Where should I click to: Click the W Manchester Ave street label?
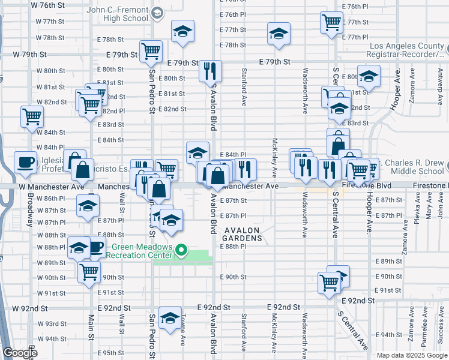pos(51,187)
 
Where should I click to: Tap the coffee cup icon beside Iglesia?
pos(25,163)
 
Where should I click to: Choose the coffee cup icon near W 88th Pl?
pos(97,247)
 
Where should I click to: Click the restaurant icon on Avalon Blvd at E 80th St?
pos(210,72)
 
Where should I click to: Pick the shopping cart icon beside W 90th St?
pos(89,271)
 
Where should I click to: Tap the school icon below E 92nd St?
pos(170,320)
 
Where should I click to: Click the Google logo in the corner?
pos(20,353)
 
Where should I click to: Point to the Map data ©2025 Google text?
pos(411,355)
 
